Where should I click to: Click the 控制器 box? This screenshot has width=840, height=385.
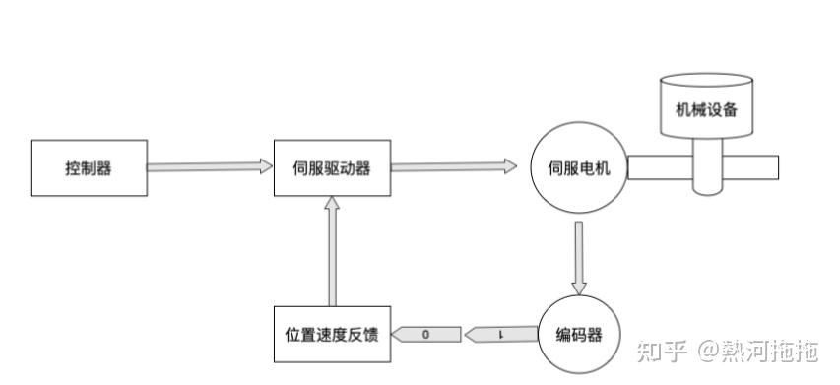point(89,167)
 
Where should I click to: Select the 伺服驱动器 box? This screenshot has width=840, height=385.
point(333,167)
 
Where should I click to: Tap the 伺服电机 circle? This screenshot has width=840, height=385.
point(579,167)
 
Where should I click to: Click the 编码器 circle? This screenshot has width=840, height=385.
point(579,335)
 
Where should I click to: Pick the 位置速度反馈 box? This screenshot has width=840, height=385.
point(332,335)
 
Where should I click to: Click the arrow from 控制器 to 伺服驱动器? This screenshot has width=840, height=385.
point(210,167)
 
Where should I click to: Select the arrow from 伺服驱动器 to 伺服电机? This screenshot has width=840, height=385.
point(454,167)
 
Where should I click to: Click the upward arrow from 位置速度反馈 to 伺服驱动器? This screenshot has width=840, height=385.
point(333,250)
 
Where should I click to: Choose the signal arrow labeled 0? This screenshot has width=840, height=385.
point(426,335)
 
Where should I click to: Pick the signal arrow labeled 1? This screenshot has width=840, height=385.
point(501,335)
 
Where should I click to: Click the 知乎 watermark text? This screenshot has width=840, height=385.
point(662,350)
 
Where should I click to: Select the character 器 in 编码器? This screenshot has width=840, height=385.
point(599,335)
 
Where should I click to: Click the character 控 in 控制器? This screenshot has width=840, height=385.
point(73,167)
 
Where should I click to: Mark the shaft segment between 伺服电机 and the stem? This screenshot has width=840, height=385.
point(658,167)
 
